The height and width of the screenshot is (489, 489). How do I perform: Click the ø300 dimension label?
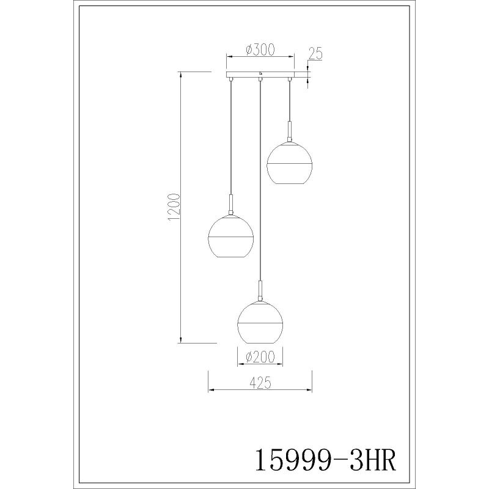tap(260, 50)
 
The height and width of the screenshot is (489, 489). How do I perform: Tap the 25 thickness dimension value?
tap(315, 53)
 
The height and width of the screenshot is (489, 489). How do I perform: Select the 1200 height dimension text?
tap(174, 207)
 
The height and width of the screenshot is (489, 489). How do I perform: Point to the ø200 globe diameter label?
tap(260, 357)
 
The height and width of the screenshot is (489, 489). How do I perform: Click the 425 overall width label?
tap(260, 383)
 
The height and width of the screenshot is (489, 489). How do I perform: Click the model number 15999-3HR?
tap(326, 460)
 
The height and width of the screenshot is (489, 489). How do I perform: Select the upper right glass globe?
tap(289, 163)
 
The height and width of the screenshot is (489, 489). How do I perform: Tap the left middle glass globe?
tap(230, 236)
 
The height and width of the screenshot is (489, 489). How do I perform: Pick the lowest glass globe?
tap(260, 322)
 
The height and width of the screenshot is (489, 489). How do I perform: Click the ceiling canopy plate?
tap(260, 75)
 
